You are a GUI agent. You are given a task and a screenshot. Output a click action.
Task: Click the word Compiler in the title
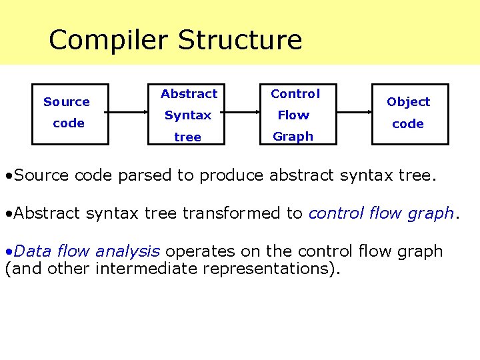tap(108, 41)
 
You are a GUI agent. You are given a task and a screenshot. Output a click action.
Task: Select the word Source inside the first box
tap(67, 102)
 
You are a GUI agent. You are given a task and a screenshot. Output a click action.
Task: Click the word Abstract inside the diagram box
tap(189, 94)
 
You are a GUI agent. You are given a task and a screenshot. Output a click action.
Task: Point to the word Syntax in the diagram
tap(188, 115)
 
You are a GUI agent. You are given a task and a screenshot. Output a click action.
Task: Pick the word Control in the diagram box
tap(295, 94)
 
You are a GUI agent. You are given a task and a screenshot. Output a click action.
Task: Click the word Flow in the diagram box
tap(293, 115)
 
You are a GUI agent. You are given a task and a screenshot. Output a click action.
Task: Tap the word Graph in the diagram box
tap(293, 137)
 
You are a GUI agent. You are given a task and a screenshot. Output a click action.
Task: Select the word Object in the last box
tap(408, 102)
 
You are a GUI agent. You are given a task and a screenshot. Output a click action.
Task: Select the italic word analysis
tap(127, 251)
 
